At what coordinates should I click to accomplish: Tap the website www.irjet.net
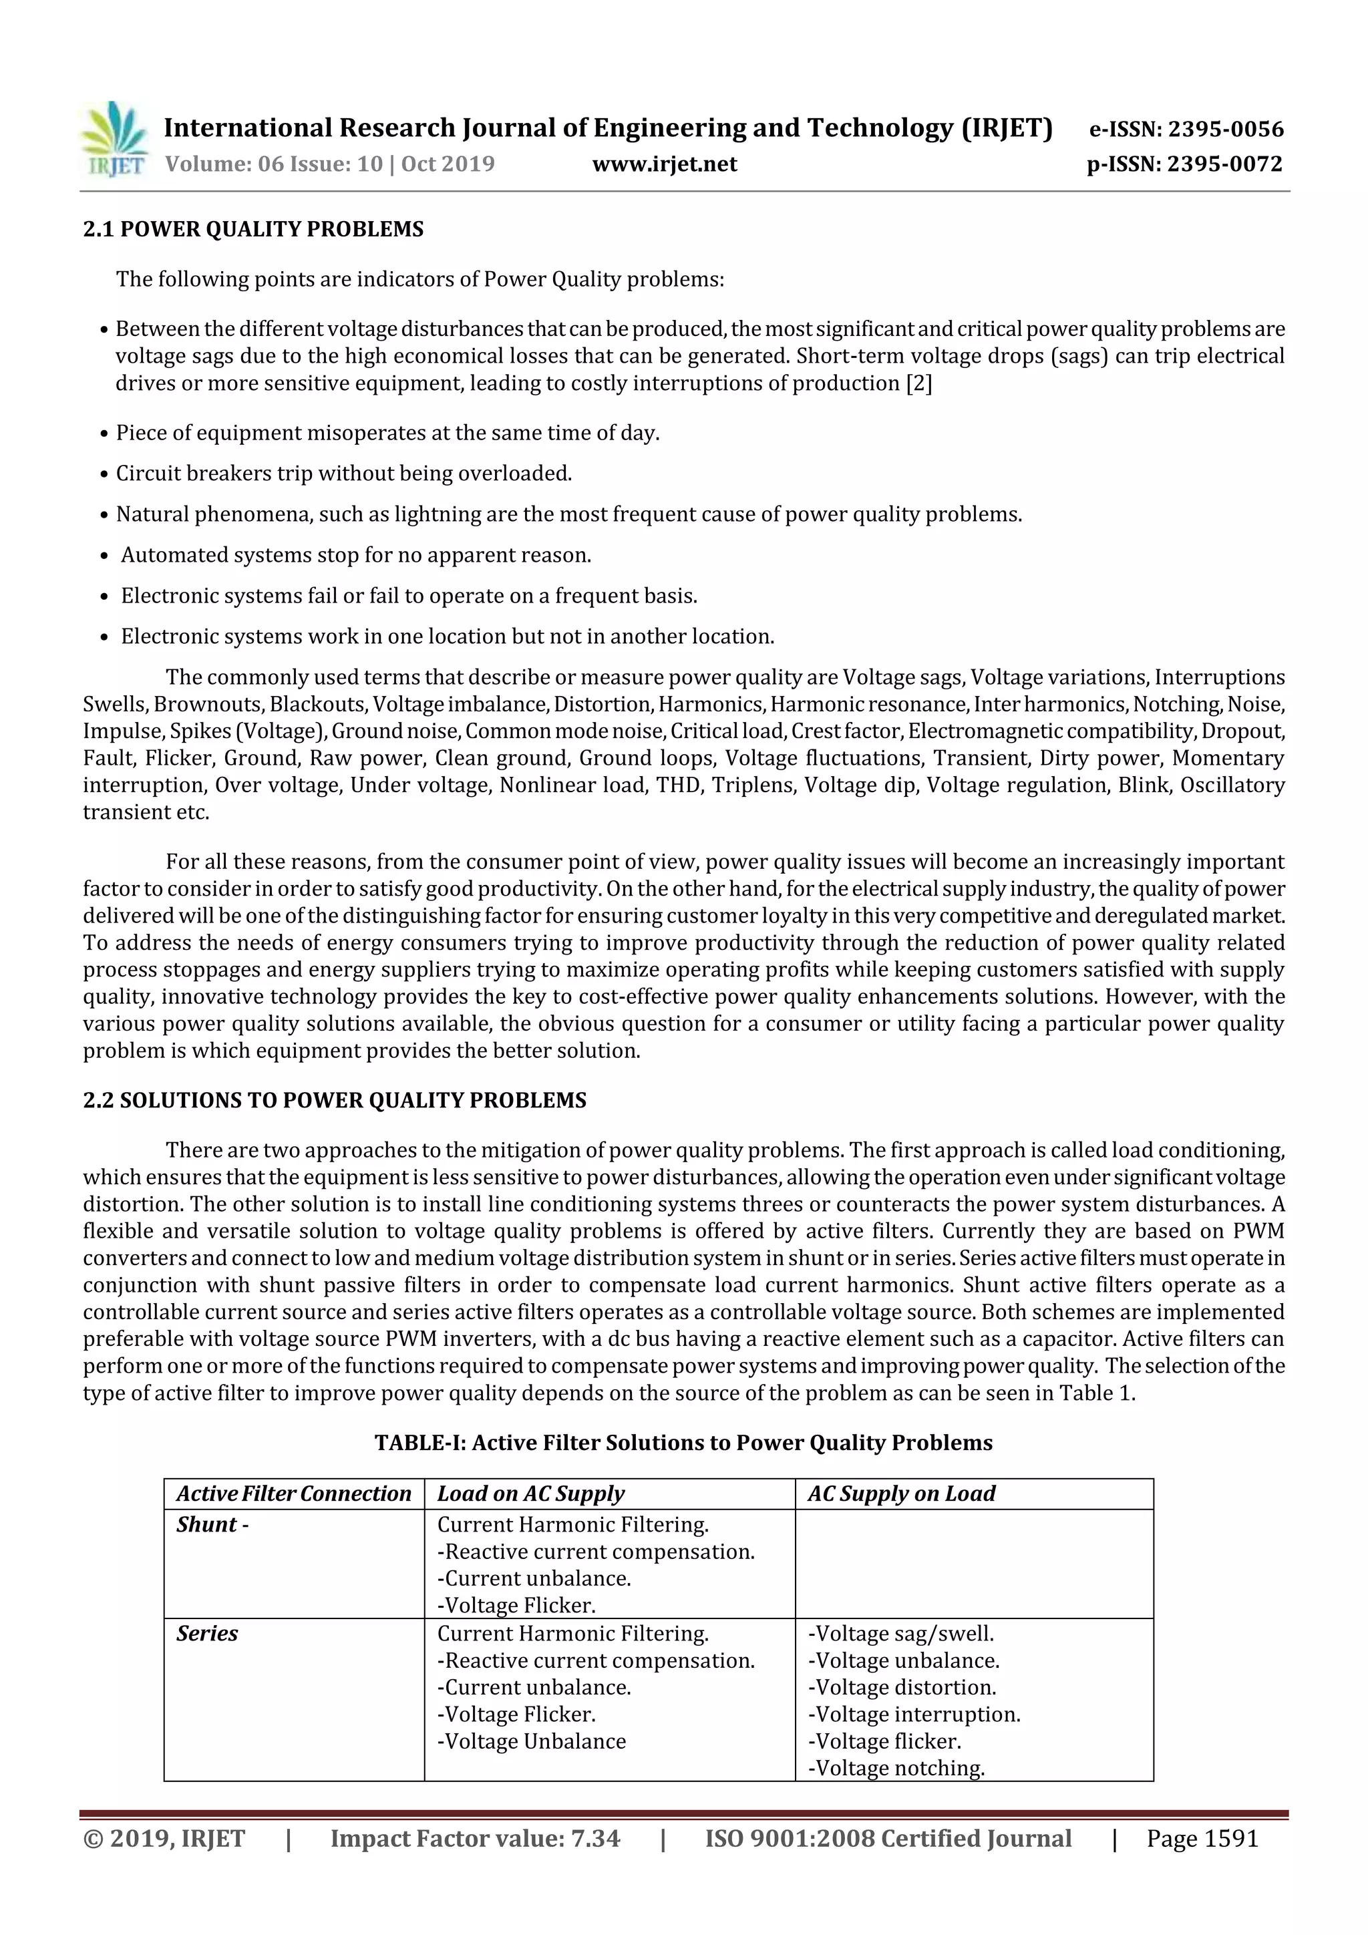click(664, 164)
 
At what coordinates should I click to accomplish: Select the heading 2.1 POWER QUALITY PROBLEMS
click(253, 229)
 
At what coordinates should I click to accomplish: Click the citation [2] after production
click(918, 383)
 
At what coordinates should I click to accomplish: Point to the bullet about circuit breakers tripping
click(344, 474)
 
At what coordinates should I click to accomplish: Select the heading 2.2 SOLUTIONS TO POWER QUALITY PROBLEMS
click(335, 1101)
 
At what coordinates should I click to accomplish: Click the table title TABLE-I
click(683, 1443)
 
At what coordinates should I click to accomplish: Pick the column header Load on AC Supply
click(531, 1494)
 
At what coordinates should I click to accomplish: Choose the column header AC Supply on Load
click(901, 1494)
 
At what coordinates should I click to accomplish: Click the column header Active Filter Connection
click(293, 1494)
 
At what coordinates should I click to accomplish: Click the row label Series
click(207, 1633)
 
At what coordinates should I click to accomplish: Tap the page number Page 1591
click(1202, 1838)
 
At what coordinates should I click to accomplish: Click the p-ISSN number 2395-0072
click(1224, 164)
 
